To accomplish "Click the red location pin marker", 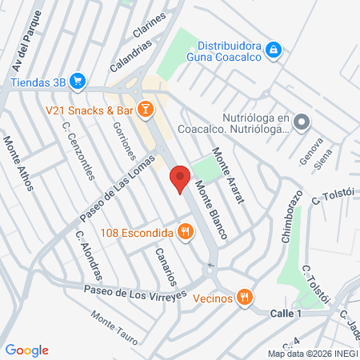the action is coord(180,178).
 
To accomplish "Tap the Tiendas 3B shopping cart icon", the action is coord(78,80).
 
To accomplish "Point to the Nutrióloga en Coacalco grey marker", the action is coord(302,122).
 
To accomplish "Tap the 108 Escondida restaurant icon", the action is coord(186,233).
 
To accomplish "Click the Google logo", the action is coord(26,350).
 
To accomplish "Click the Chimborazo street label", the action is coord(292,216).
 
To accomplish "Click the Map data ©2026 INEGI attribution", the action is coord(312,353).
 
